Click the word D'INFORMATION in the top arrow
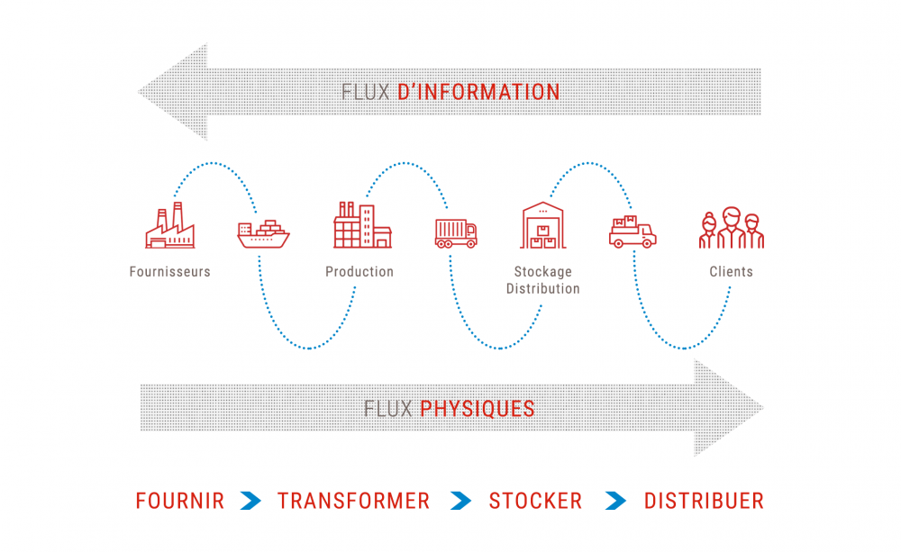(478, 92)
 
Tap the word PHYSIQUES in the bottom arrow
(478, 409)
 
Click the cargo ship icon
(263, 234)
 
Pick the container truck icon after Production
(456, 233)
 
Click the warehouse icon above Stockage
(543, 225)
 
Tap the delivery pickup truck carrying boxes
(633, 232)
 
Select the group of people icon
(732, 229)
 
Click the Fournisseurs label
(170, 272)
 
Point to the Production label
(359, 272)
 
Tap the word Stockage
(543, 272)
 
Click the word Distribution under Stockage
(543, 289)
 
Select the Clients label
(731, 272)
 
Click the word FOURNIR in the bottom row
(180, 501)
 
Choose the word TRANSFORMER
(353, 501)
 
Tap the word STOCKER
(535, 501)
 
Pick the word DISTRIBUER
(704, 501)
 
